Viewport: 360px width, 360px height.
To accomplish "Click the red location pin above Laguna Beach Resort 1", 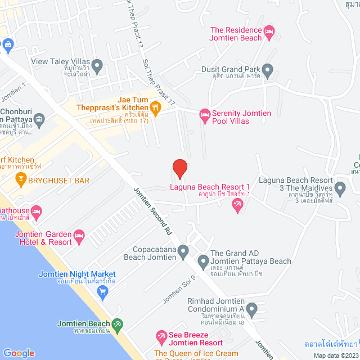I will (x=179, y=168).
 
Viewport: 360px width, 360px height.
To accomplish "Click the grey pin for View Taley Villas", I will (x=97, y=65).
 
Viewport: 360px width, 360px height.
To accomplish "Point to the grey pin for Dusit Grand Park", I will (x=268, y=71).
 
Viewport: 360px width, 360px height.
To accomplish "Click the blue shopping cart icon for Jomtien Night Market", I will (x=102, y=291).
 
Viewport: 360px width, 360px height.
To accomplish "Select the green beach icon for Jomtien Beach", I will (x=117, y=324).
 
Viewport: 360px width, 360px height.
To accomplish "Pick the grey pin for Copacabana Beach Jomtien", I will (x=182, y=251).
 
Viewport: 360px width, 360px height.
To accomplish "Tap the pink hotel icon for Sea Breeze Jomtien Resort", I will (x=161, y=338).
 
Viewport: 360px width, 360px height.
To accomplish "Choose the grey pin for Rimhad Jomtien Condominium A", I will (x=251, y=308).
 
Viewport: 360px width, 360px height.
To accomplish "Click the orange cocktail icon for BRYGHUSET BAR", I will (x=21, y=180).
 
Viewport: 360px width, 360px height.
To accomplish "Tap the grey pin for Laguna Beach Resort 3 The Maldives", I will (x=339, y=186).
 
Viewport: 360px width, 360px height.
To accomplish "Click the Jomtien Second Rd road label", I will (x=151, y=211).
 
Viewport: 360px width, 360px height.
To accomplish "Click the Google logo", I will (x=19, y=353).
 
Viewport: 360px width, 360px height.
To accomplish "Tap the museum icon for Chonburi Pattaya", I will (x=39, y=119).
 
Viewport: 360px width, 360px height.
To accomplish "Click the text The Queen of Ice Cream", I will (x=196, y=354).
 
